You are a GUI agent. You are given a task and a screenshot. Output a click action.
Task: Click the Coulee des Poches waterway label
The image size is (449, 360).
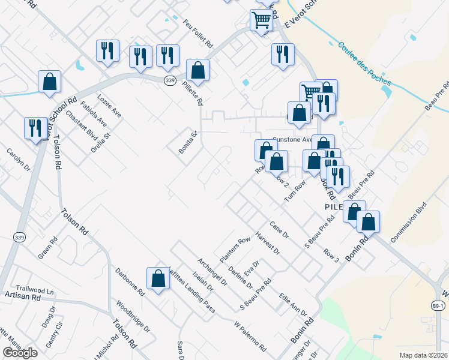[x=364, y=63]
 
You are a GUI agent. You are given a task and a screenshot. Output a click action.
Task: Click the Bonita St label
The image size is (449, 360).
[x=187, y=143]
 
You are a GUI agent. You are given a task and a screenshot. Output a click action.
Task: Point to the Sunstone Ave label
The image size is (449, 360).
[x=293, y=139]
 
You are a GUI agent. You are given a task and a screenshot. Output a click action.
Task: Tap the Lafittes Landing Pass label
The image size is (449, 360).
[x=190, y=290]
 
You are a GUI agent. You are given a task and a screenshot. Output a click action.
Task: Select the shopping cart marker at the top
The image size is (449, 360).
[x=261, y=20]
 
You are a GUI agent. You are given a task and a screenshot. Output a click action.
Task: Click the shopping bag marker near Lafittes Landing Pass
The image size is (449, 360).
[x=158, y=278]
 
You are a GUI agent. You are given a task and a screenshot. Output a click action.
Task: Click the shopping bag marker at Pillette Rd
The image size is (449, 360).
[x=197, y=70]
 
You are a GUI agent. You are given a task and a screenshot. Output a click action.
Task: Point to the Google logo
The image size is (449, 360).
[x=20, y=353]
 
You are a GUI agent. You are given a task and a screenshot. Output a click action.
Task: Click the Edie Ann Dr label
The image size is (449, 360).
[x=293, y=305]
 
